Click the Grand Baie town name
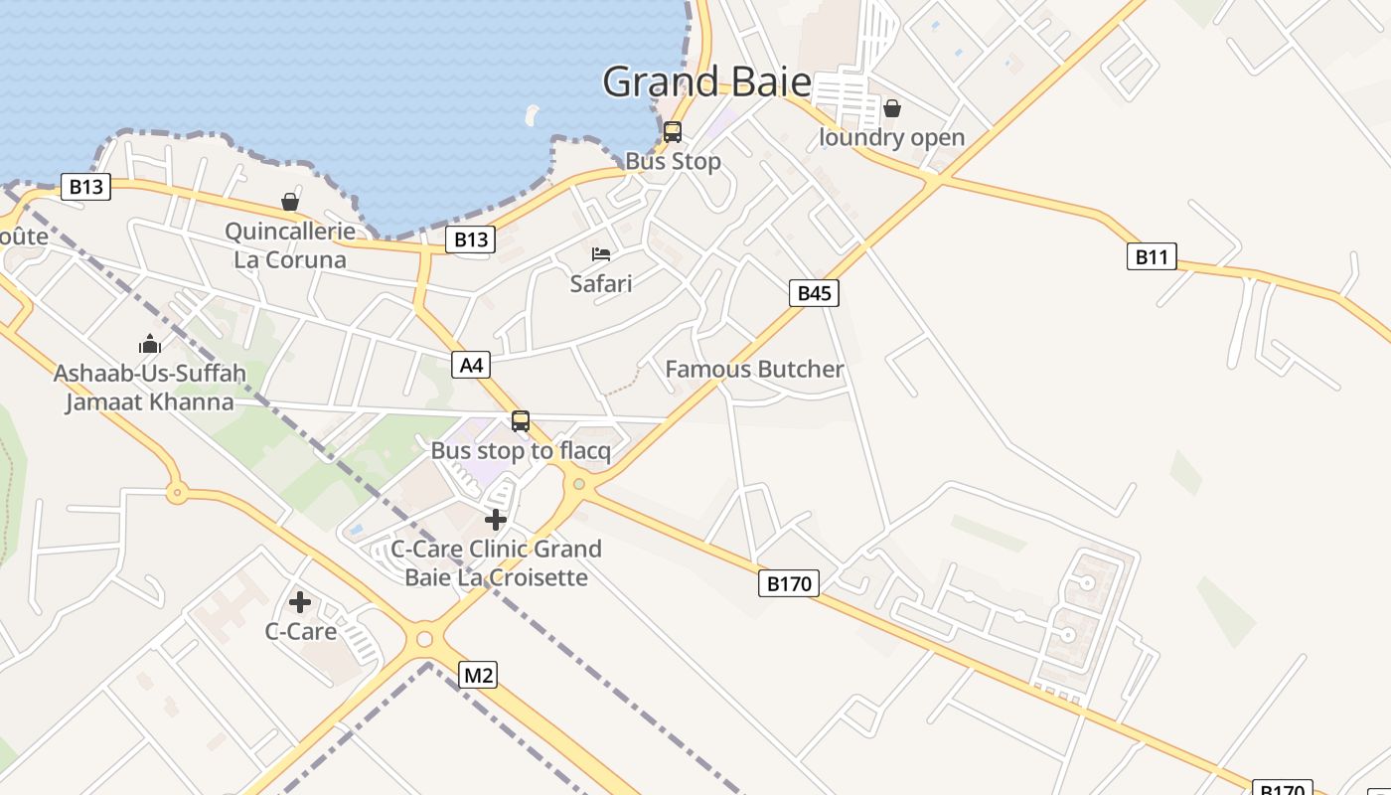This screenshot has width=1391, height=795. click(706, 81)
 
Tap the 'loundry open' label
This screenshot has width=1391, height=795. click(891, 137)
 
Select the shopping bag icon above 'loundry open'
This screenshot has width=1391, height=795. click(892, 108)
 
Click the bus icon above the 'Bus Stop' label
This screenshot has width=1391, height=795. click(673, 131)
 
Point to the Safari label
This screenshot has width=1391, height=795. click(601, 283)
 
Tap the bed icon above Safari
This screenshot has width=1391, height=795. click(601, 254)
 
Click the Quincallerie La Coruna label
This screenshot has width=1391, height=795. click(290, 245)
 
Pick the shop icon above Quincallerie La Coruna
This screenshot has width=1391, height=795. click(290, 203)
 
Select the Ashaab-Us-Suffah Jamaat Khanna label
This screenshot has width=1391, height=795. click(150, 388)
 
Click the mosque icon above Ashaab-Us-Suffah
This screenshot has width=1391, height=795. click(150, 345)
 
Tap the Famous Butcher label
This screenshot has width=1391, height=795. click(754, 370)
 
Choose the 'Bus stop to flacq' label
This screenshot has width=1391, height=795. click(521, 450)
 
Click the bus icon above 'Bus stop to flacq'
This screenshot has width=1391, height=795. click(521, 421)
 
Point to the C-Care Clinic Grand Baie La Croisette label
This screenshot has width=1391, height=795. click(496, 562)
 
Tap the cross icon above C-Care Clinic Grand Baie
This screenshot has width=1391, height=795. click(496, 519)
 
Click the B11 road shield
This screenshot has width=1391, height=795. click(1152, 257)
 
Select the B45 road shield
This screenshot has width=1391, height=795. click(814, 292)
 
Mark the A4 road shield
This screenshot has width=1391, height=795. click(472, 365)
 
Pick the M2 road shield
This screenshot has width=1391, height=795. click(478, 676)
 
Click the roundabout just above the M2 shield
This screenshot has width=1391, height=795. click(425, 639)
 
